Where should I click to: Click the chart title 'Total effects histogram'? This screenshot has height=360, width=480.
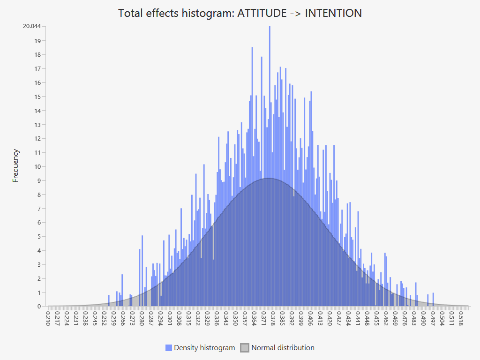click(x=176, y=13)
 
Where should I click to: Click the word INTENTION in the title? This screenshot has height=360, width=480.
click(x=333, y=13)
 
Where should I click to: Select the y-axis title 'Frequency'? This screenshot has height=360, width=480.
click(x=16, y=165)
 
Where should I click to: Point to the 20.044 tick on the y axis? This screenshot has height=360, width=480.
click(x=32, y=26)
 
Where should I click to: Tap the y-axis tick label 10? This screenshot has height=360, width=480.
click(x=37, y=166)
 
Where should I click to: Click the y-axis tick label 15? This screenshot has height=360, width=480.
click(x=37, y=97)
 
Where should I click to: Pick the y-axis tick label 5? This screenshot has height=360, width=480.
click(x=39, y=237)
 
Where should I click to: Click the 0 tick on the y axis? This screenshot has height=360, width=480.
click(x=39, y=307)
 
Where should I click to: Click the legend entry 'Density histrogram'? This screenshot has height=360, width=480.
click(x=204, y=348)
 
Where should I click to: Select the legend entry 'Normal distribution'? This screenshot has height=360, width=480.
click(x=283, y=348)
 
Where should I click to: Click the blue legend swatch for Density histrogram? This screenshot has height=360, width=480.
click(x=169, y=348)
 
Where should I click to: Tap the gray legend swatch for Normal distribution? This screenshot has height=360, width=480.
click(x=245, y=348)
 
